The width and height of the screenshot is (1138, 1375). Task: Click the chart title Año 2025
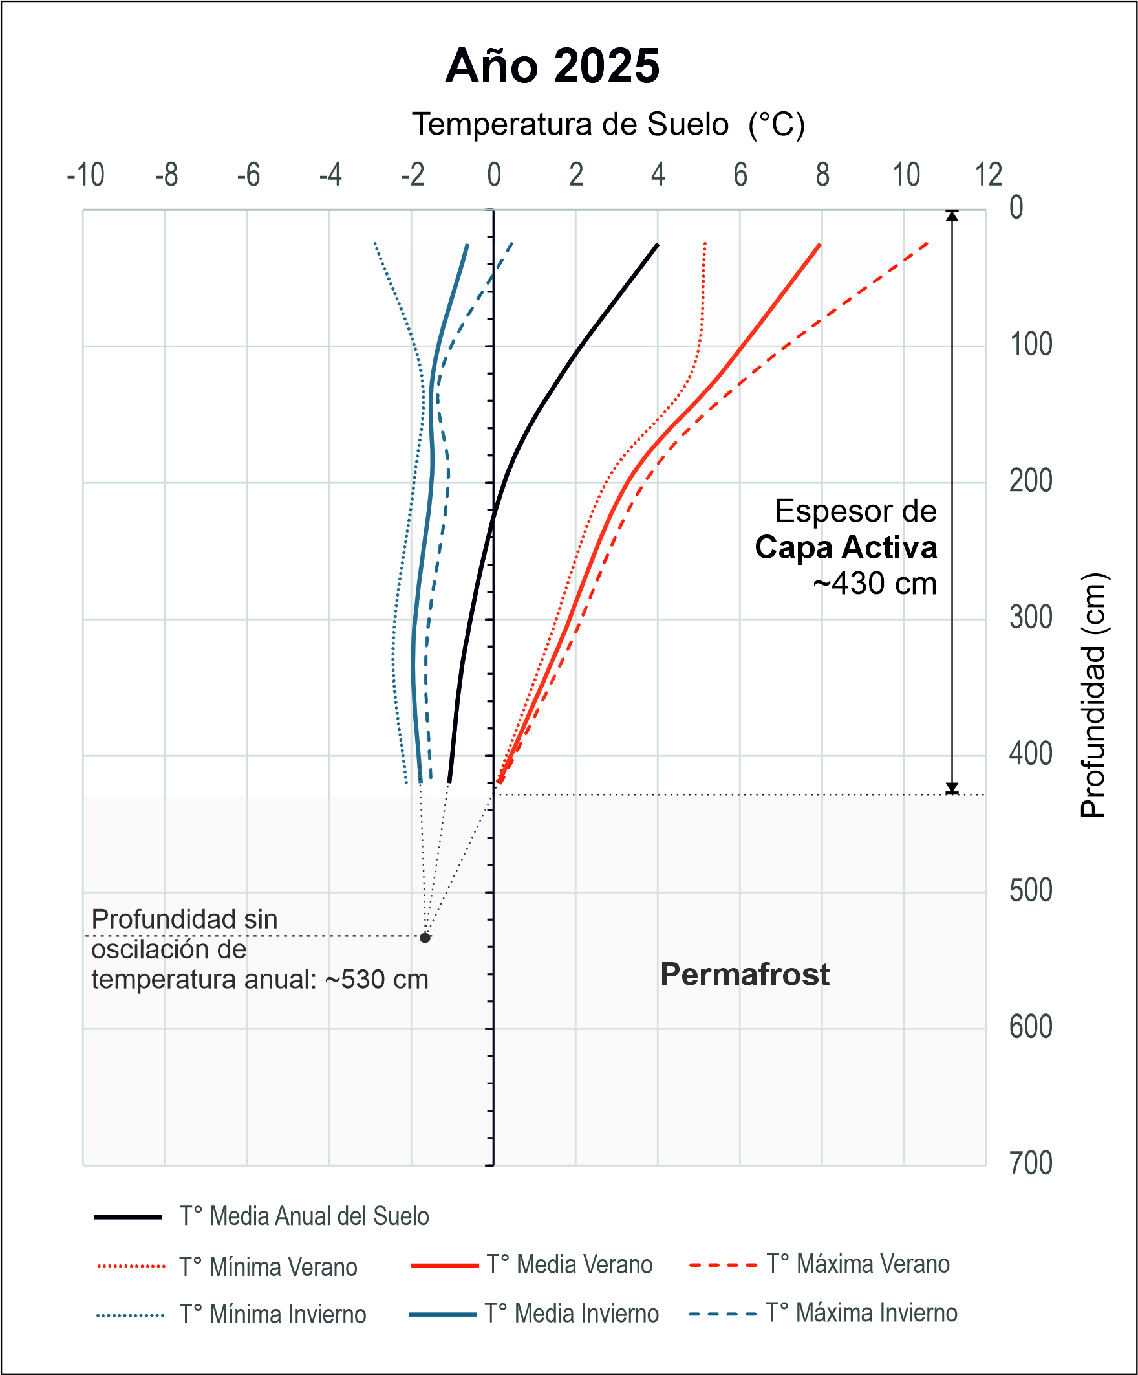[x=552, y=66]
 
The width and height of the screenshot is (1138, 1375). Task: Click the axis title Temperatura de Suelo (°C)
[x=608, y=124]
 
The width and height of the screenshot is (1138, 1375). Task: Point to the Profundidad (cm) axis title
[x=1092, y=696]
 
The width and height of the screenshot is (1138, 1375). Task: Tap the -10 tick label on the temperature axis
[x=86, y=175]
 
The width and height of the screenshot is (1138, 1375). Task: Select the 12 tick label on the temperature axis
[x=988, y=175]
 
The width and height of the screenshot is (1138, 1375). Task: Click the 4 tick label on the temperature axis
[x=658, y=175]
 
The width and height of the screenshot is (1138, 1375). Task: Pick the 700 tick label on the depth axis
[x=1031, y=1163]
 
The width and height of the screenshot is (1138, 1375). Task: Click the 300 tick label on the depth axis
[x=1031, y=617]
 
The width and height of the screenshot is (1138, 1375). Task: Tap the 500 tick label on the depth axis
[x=1031, y=890]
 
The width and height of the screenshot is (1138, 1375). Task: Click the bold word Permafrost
[x=745, y=975]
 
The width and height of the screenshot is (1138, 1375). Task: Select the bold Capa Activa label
[x=846, y=547]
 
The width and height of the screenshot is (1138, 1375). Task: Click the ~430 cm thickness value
[x=874, y=584]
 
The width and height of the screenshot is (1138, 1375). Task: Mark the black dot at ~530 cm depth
[x=425, y=938]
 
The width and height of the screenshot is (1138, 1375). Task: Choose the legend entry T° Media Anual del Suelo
[x=305, y=1216]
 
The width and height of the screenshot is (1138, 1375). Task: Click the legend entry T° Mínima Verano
[x=268, y=1267]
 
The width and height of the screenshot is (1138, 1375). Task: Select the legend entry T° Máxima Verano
[x=858, y=1264]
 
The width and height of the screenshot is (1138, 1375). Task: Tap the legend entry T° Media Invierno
[x=572, y=1314]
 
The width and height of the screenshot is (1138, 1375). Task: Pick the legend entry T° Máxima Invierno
[x=861, y=1314]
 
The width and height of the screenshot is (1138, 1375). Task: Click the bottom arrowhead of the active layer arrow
[x=952, y=788]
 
